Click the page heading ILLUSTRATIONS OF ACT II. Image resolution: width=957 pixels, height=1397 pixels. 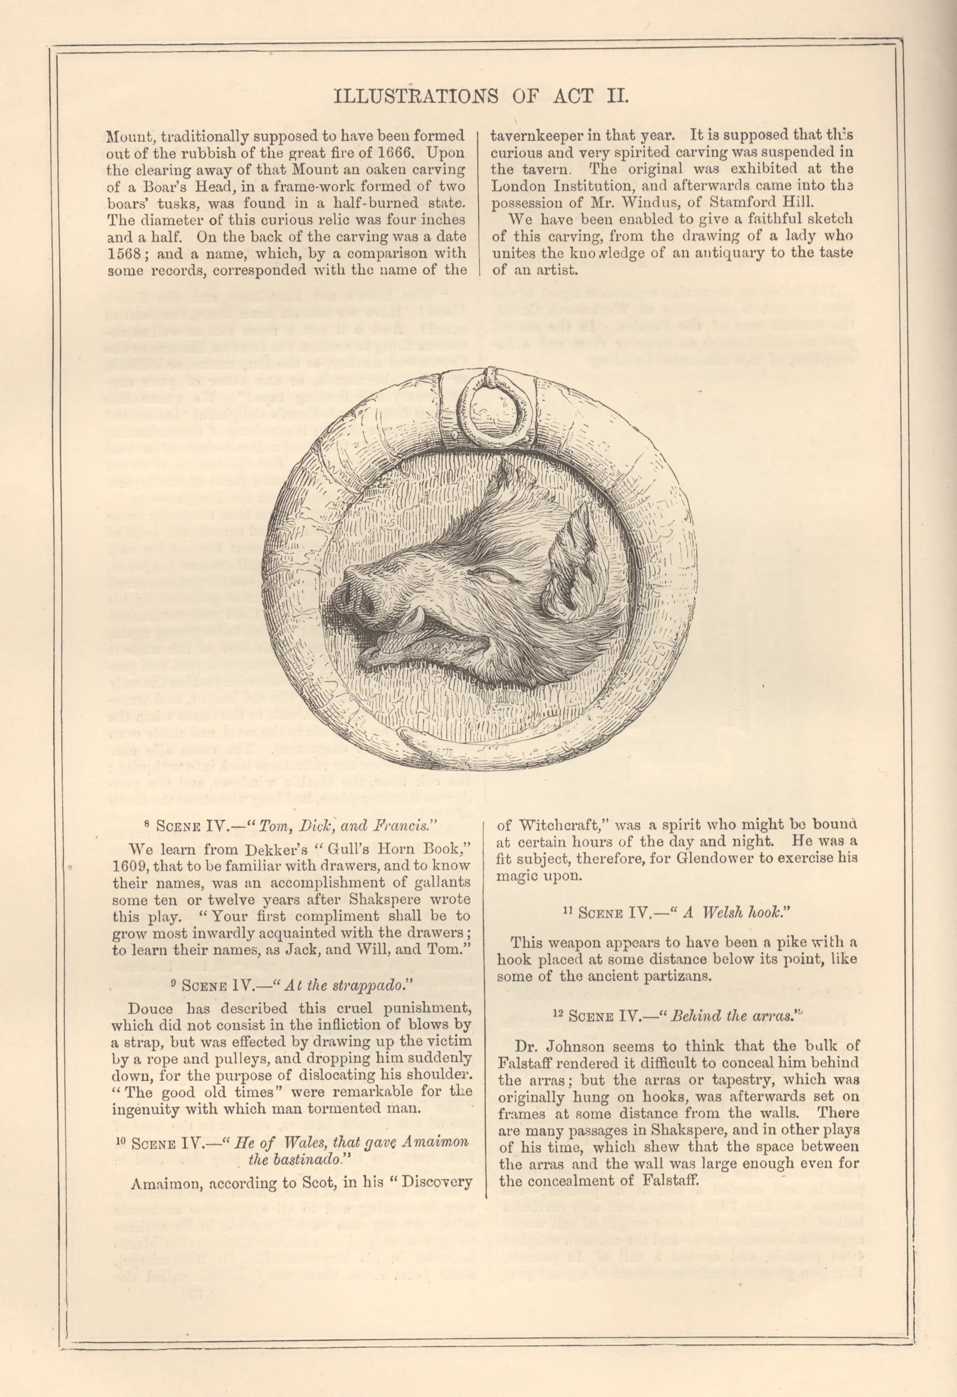[x=481, y=96]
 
